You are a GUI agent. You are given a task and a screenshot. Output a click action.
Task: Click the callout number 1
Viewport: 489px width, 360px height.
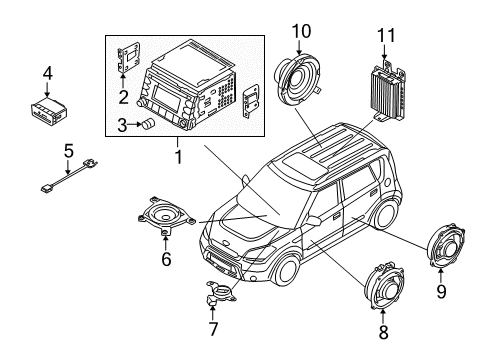[178, 158]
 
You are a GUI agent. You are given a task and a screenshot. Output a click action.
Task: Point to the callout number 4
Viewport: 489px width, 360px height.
[46, 72]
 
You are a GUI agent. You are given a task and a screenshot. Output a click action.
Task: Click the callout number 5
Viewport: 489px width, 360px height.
[68, 150]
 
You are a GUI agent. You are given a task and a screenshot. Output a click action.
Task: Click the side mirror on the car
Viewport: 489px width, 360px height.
[314, 220]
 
